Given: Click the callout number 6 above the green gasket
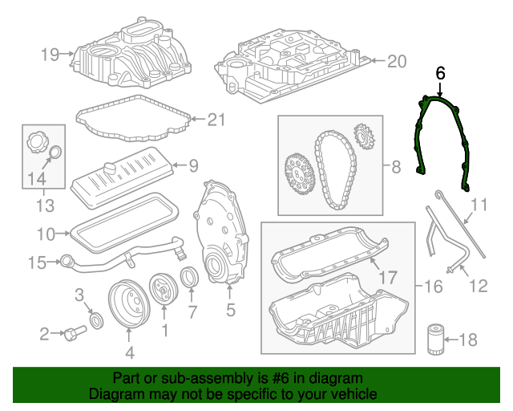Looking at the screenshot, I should pos(439,73).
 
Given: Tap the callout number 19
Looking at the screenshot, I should pos(50,55).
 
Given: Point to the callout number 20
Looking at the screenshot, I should pos(398,62).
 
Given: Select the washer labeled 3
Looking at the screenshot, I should pos(95,322).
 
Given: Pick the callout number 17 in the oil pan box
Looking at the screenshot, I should pos(387,278).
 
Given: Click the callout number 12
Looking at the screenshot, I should pos(478,284).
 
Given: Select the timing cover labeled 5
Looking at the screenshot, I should pos(216,233).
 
